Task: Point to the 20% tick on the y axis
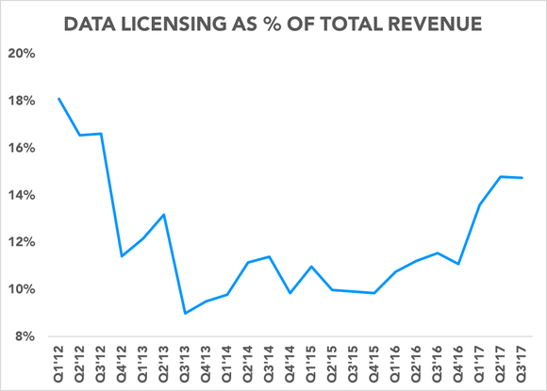pyautogui.click(x=23, y=54)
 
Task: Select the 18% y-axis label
pyautogui.click(x=23, y=101)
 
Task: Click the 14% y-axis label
pyautogui.click(x=23, y=195)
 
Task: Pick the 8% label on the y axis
pyautogui.click(x=25, y=336)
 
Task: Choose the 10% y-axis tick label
pyautogui.click(x=23, y=289)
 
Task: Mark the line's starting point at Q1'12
pyautogui.click(x=58, y=99)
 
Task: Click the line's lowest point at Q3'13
pyautogui.click(x=185, y=313)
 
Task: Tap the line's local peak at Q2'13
pyautogui.click(x=164, y=215)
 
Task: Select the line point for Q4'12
pyautogui.click(x=122, y=256)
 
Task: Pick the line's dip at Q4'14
pyautogui.click(x=290, y=293)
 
